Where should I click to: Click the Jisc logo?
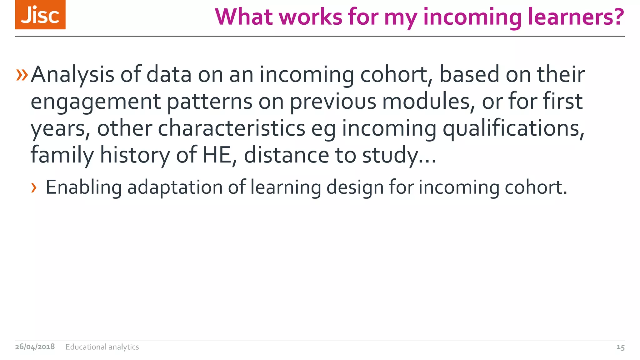(x=40, y=15)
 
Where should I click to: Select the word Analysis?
(x=72, y=75)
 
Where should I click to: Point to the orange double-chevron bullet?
(x=22, y=75)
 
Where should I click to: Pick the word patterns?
(x=210, y=102)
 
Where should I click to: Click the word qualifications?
(x=513, y=129)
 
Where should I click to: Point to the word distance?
(x=286, y=155)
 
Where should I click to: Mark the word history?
(x=135, y=156)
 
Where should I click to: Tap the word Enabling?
(x=83, y=188)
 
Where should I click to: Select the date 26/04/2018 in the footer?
(x=35, y=347)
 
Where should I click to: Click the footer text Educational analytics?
(x=102, y=347)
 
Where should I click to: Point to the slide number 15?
(x=620, y=347)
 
